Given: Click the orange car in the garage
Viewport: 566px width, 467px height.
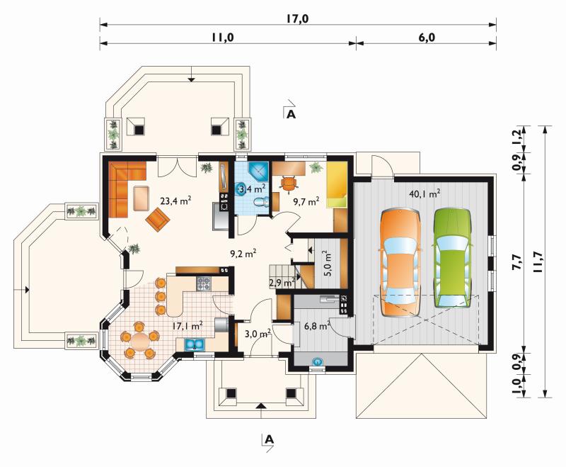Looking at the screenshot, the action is [399, 263].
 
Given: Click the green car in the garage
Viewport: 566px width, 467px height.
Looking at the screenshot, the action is [453, 258].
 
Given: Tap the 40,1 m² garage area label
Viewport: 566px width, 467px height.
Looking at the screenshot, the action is [424, 193].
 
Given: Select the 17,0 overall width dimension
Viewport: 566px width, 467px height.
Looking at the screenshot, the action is [297, 18].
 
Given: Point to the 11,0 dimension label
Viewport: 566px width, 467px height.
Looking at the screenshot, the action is [223, 38].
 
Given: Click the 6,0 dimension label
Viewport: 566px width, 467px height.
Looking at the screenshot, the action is [427, 38].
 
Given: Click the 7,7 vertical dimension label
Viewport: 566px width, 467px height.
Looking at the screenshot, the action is [516, 261].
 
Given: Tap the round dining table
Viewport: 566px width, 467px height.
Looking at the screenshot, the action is [139, 341].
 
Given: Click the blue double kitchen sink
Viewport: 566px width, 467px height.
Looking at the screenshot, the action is [195, 344].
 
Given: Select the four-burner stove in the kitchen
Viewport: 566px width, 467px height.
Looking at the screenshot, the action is [204, 283].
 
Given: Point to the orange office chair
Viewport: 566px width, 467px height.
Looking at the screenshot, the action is [289, 183].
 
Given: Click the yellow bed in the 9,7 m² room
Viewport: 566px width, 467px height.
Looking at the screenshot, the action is [337, 185].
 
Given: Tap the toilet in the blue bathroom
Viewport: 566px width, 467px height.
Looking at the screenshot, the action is [261, 203].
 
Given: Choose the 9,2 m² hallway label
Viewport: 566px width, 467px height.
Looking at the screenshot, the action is [243, 254].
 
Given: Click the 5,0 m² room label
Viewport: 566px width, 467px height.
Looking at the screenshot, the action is [328, 263].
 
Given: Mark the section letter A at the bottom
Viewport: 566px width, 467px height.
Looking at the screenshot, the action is [269, 439].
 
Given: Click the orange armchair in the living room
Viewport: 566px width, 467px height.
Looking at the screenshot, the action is [158, 219].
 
